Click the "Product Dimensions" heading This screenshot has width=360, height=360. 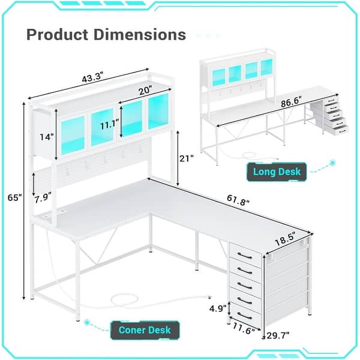pos(106,34)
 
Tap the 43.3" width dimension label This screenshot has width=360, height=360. pos(94,79)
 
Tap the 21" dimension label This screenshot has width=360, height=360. pos(187,159)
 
